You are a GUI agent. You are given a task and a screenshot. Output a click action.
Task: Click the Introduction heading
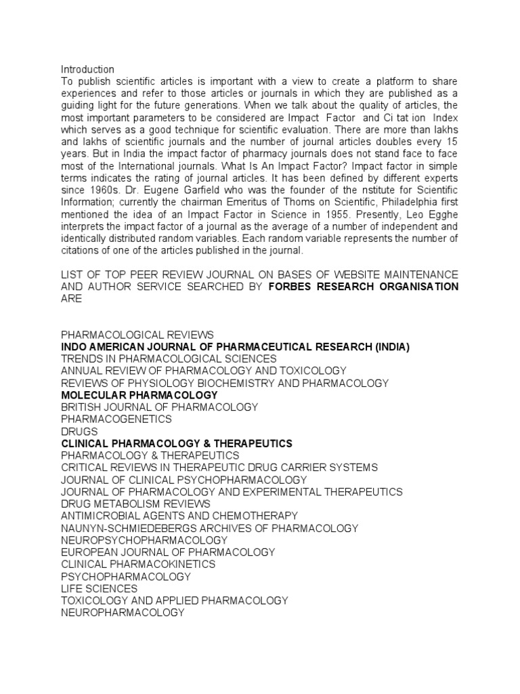click(87, 69)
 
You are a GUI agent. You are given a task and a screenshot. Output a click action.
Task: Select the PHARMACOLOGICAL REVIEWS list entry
click(137, 335)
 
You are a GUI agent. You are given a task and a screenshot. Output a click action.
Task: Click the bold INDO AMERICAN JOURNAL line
click(235, 347)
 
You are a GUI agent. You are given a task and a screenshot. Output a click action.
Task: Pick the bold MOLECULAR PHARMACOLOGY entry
click(139, 395)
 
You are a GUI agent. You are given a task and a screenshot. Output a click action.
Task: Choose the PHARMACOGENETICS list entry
click(116, 419)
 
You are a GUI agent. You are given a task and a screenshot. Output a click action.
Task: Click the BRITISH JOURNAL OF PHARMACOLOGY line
click(159, 407)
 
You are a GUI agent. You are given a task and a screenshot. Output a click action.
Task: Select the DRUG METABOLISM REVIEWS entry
click(135, 504)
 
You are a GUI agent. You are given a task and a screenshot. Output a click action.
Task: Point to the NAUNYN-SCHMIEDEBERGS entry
click(209, 528)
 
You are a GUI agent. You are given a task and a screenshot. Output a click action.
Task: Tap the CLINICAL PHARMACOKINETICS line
click(138, 564)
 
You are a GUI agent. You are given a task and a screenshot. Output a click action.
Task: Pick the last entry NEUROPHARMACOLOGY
click(123, 613)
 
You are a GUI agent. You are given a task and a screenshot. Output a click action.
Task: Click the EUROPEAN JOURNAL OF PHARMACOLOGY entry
click(168, 552)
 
